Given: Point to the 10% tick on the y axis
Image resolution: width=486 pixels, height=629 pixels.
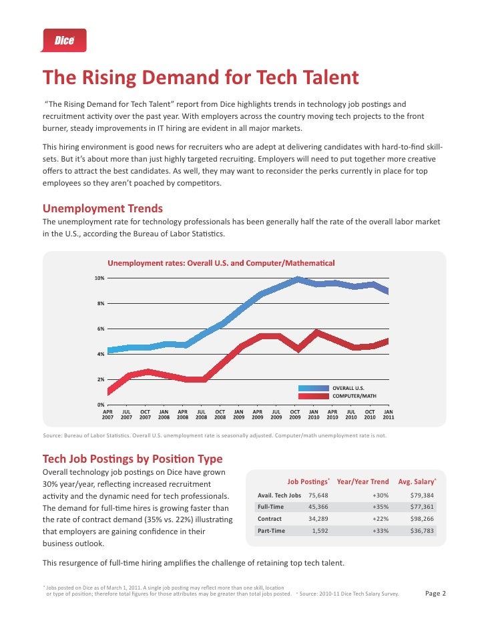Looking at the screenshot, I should [x=98, y=278].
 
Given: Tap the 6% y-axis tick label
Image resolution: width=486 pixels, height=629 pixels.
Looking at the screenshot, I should [x=99, y=329].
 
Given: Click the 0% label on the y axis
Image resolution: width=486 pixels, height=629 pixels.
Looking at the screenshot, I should [x=99, y=405].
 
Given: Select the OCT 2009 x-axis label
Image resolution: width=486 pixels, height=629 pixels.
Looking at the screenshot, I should [x=294, y=415].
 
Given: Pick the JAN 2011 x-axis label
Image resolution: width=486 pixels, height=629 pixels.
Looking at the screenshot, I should [x=388, y=415].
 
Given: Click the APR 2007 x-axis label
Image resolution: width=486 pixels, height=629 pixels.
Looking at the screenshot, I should [x=107, y=415].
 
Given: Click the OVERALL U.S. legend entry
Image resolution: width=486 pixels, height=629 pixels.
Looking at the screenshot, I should [x=348, y=387].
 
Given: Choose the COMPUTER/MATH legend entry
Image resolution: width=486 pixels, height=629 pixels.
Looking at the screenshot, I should [x=354, y=396].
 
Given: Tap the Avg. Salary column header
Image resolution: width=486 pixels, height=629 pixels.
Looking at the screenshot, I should [x=417, y=481].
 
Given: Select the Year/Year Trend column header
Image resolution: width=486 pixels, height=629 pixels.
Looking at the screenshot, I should [x=362, y=481].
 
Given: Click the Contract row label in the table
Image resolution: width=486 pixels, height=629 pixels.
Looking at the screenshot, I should [x=270, y=519].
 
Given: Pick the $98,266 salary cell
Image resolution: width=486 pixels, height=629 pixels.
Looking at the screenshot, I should [x=422, y=519].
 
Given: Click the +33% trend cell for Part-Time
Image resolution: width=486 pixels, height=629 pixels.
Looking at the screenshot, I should [x=381, y=531].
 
